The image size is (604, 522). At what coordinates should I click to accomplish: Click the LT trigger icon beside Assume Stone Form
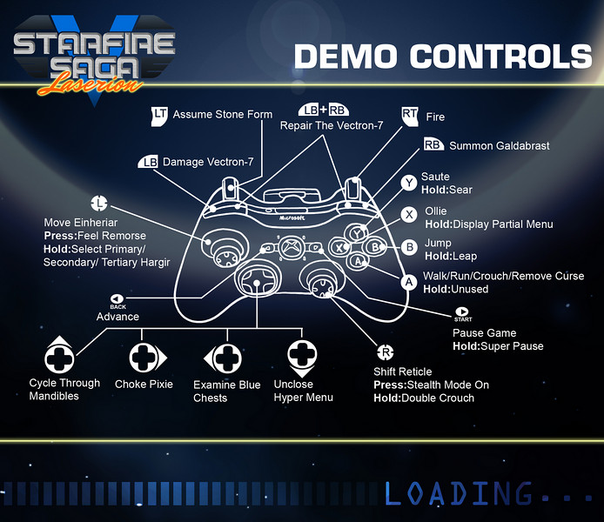tap(159, 114)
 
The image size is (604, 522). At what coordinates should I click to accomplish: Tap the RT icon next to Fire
tap(409, 114)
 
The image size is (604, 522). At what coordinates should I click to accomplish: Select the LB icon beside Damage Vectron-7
tap(149, 163)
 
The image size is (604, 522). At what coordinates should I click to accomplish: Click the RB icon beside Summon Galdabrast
tap(433, 144)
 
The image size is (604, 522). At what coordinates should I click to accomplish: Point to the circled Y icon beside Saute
tap(409, 183)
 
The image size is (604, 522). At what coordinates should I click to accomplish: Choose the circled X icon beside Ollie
tap(409, 214)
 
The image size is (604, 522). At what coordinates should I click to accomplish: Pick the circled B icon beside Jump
tap(409, 246)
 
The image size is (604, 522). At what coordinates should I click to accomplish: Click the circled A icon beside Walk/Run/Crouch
tap(409, 281)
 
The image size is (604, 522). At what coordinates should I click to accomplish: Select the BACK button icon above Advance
tap(117, 300)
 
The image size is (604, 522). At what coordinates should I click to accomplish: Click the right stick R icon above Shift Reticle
tap(384, 352)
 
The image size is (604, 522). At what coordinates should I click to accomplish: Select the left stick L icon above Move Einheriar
tap(100, 204)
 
